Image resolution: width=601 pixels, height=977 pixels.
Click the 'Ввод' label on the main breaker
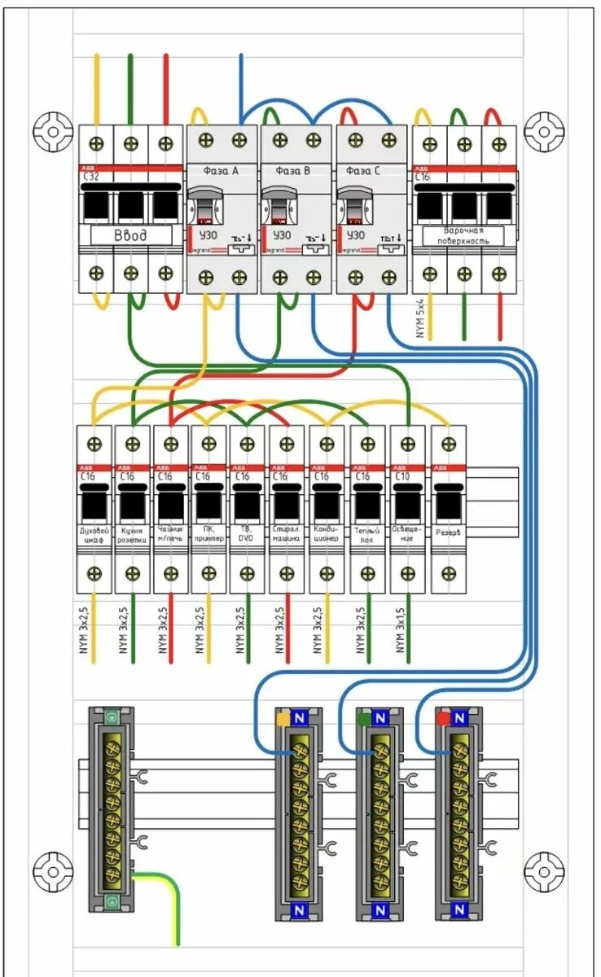(130, 235)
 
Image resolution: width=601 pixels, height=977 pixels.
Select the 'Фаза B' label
(293, 171)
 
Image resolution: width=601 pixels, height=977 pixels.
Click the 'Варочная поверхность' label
(463, 236)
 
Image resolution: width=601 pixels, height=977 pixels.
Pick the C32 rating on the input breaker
(90, 176)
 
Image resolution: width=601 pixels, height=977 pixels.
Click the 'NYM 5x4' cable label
(420, 318)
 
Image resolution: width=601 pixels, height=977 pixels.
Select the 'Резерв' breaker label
(448, 533)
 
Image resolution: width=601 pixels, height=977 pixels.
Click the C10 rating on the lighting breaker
(401, 475)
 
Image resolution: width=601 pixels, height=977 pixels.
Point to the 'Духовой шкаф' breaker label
(94, 533)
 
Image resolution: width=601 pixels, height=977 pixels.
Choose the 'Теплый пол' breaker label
(366, 533)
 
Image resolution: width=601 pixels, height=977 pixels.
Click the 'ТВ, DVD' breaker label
(247, 533)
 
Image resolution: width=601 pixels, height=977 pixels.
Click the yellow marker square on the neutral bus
(283, 719)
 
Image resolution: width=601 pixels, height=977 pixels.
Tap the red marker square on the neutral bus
(443, 719)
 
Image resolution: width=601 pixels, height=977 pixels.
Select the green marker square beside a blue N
(363, 719)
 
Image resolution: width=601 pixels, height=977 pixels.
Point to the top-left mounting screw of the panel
(54, 130)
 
